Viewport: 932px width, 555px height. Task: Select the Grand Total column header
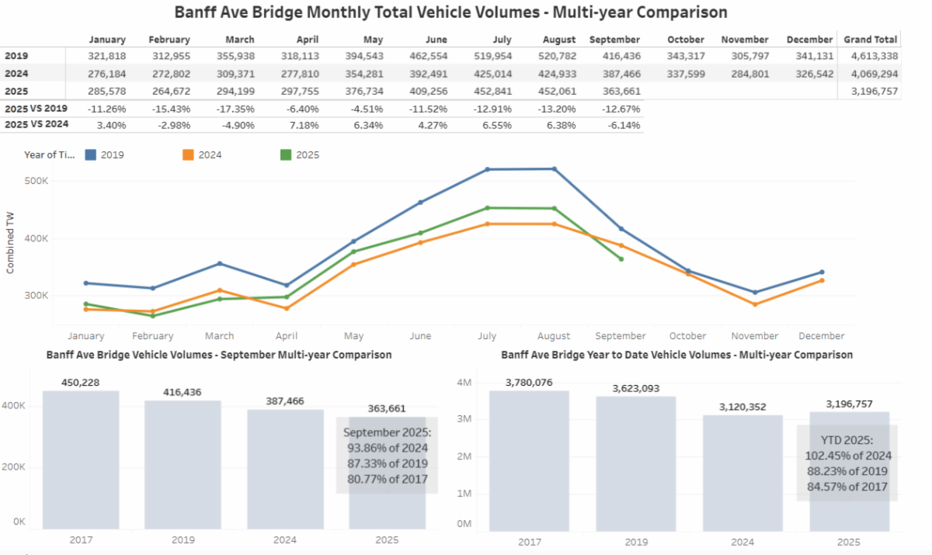871,40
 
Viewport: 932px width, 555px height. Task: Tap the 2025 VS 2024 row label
36,125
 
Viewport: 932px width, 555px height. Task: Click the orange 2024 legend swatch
188,154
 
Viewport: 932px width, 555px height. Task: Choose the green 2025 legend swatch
286,154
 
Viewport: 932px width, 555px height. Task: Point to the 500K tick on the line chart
37,181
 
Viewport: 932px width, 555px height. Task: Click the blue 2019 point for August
554,168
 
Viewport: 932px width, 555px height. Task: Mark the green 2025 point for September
621,258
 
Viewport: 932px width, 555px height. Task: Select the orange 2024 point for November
754,304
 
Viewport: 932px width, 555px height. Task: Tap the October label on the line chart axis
687,336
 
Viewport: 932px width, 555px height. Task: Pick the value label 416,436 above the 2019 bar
183,392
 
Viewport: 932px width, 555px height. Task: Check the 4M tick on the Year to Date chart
463,383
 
